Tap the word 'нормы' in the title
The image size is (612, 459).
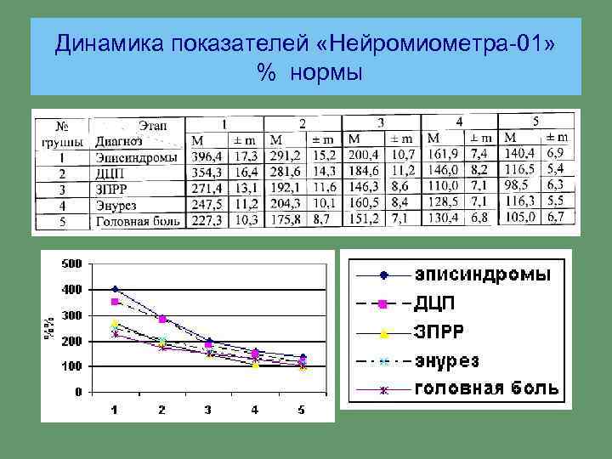[x=326, y=74]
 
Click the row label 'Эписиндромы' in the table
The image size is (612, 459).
[x=136, y=156]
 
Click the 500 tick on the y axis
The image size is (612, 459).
[x=72, y=263]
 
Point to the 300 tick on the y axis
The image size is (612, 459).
[x=72, y=315]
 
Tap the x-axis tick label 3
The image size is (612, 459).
[x=208, y=410]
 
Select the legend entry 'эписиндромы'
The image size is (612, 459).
[x=482, y=275]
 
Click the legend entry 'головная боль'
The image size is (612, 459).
[x=486, y=389]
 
